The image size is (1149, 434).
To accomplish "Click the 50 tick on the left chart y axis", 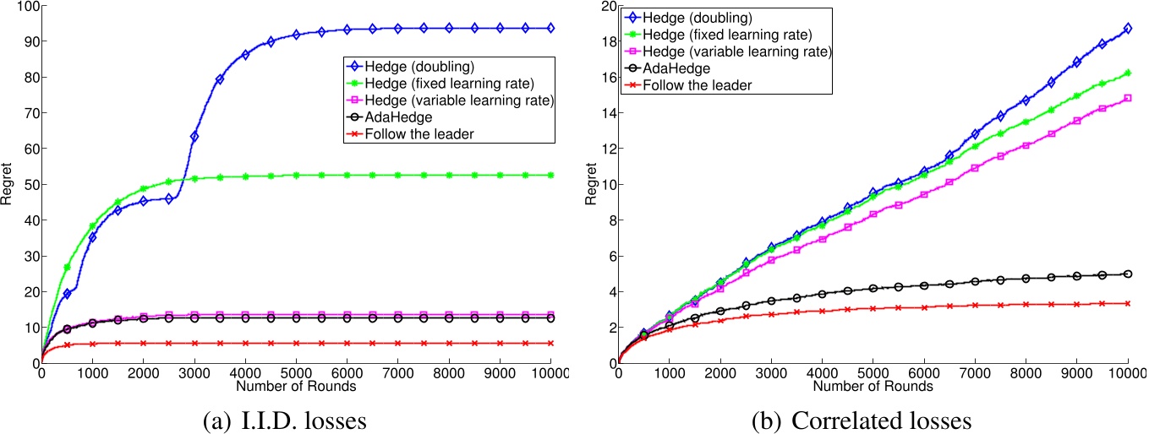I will (28, 184).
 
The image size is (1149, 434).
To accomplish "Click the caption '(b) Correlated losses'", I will (861, 419).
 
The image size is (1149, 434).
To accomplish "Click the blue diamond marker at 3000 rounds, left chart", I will (194, 136).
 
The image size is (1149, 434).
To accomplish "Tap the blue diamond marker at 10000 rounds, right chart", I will (1128, 29).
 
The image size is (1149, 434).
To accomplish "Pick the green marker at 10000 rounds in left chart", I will (551, 175).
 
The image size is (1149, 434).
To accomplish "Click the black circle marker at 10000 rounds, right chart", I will (1128, 274).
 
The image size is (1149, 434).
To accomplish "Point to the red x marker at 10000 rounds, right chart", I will (1128, 303).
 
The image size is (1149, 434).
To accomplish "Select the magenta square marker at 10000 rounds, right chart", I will (1128, 98).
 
